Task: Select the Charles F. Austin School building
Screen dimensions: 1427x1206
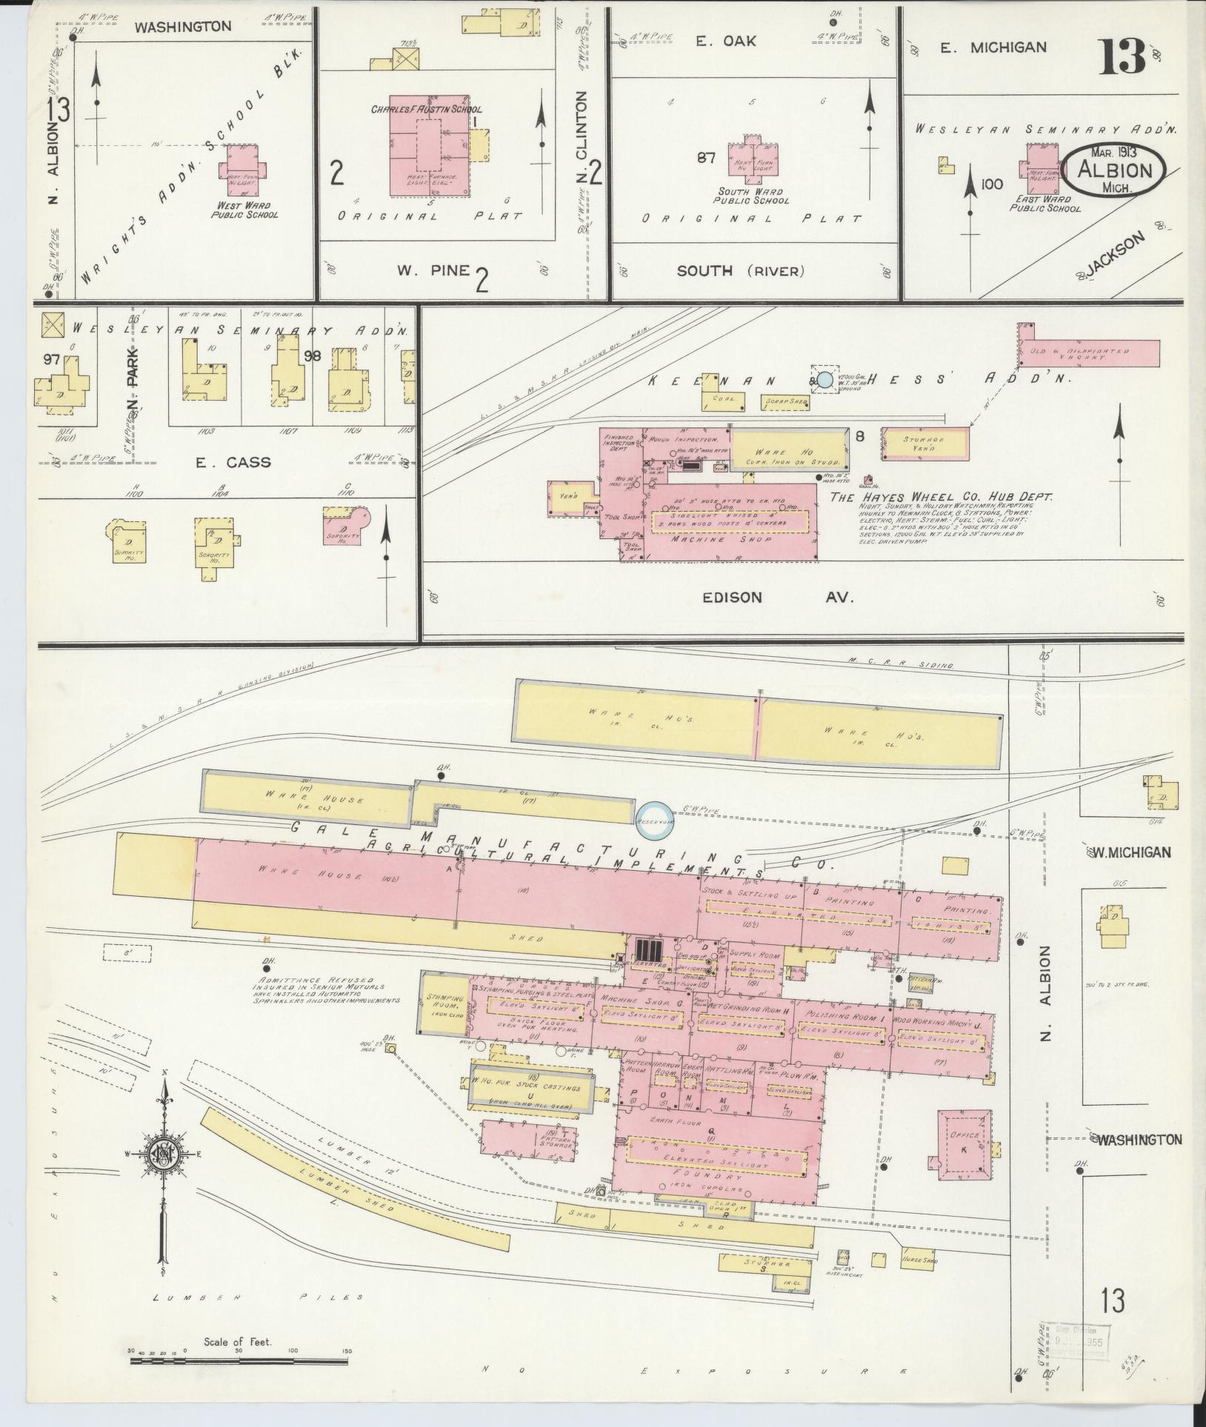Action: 430,145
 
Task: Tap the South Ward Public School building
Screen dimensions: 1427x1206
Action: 752,158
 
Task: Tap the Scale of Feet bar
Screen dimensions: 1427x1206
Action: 240,1352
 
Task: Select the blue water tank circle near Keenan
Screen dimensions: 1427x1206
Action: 824,380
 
